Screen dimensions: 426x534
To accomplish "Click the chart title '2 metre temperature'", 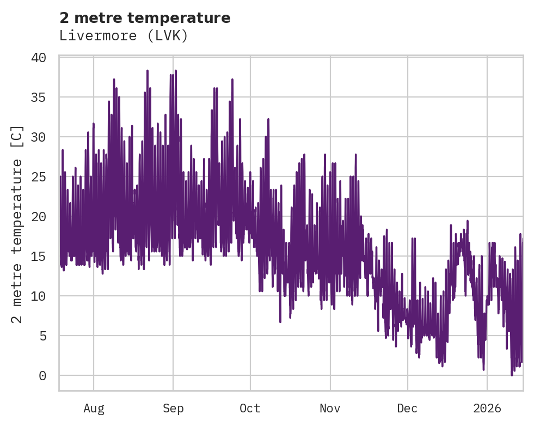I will (145, 18).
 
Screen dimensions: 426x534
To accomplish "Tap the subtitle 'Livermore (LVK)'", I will (124, 36).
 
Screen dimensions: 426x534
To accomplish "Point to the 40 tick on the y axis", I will (46, 57).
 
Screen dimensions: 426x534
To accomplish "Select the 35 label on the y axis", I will (46, 97).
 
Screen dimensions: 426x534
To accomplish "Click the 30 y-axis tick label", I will (46, 137).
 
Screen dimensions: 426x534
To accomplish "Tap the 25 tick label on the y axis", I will (46, 177).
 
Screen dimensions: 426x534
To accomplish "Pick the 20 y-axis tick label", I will (46, 216).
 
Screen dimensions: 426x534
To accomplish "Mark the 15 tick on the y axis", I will (46, 256).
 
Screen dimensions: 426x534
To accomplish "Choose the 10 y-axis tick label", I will (46, 296).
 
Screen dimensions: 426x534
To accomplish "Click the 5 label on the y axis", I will (50, 336).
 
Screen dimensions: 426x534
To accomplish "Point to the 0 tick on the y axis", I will (50, 375).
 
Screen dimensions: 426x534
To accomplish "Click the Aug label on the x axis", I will (94, 409).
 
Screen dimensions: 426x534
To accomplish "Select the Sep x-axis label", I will (173, 409).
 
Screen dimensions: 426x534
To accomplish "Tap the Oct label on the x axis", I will (250, 409).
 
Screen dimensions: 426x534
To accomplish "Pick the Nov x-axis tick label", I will (330, 409).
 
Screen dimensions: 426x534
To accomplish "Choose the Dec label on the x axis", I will (407, 409).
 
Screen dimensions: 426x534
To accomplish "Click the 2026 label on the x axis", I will (487, 409).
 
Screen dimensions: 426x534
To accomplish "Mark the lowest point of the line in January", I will (512, 375).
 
